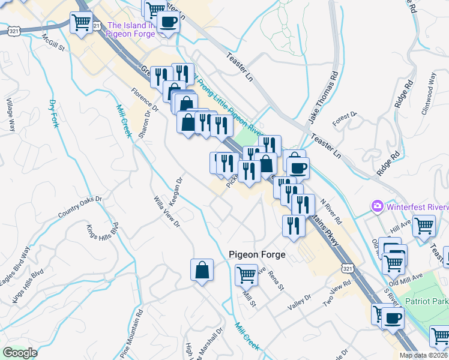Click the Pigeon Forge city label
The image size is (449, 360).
[257, 254]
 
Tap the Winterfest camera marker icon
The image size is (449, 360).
[378, 206]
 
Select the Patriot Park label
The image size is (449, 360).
[426, 301]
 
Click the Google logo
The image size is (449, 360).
[20, 353]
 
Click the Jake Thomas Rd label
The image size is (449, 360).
[324, 98]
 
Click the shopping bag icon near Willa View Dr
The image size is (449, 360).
[202, 271]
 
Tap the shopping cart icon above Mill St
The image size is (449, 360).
[247, 275]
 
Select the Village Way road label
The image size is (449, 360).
[11, 115]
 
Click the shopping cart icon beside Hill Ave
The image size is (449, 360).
[424, 226]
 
